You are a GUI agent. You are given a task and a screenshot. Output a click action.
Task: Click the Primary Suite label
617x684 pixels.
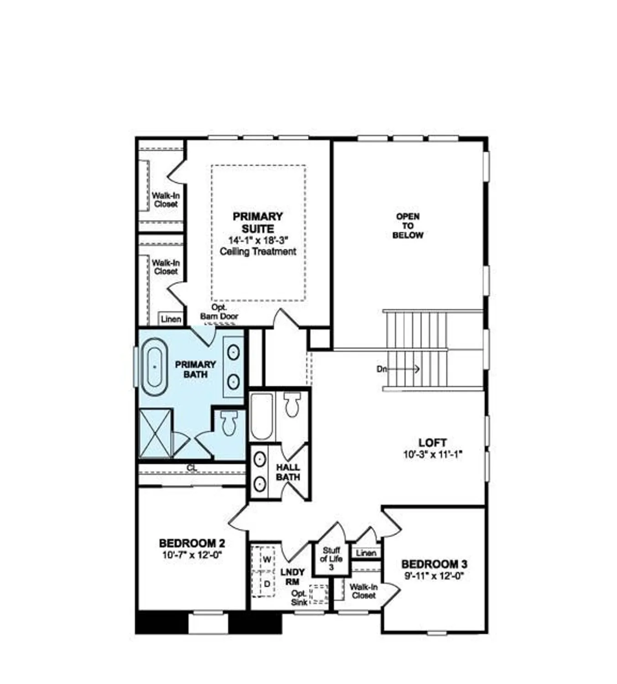(258, 223)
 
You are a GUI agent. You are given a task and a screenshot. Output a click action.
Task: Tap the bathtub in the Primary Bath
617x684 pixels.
(154, 367)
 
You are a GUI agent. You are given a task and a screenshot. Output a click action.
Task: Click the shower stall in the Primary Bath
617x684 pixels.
(155, 434)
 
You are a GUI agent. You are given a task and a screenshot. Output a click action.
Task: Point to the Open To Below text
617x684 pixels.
(408, 226)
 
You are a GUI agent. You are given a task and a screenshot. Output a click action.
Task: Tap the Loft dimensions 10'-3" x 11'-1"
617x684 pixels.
(433, 455)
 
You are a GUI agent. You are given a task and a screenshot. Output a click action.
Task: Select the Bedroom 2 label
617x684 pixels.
(192, 543)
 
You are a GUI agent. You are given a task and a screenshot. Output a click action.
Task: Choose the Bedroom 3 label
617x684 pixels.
(434, 564)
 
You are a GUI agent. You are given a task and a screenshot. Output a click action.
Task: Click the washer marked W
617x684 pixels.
(267, 559)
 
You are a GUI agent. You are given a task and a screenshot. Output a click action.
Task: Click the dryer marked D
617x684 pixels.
(267, 584)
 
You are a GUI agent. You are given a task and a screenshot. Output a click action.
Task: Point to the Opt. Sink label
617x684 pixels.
(299, 598)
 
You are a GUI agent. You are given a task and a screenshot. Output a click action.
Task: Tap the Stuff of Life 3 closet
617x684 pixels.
(331, 559)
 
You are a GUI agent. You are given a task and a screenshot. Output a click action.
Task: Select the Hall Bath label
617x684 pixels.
(288, 472)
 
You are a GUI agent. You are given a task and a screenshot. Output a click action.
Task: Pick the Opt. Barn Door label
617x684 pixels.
(219, 312)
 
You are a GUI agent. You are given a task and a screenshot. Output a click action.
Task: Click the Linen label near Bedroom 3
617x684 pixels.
(366, 553)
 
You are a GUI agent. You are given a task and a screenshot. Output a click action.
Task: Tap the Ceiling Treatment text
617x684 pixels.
(258, 251)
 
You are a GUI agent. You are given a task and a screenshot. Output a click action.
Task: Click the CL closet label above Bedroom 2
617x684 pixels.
(192, 468)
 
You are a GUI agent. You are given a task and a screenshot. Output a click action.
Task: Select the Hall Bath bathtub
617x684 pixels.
(261, 416)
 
